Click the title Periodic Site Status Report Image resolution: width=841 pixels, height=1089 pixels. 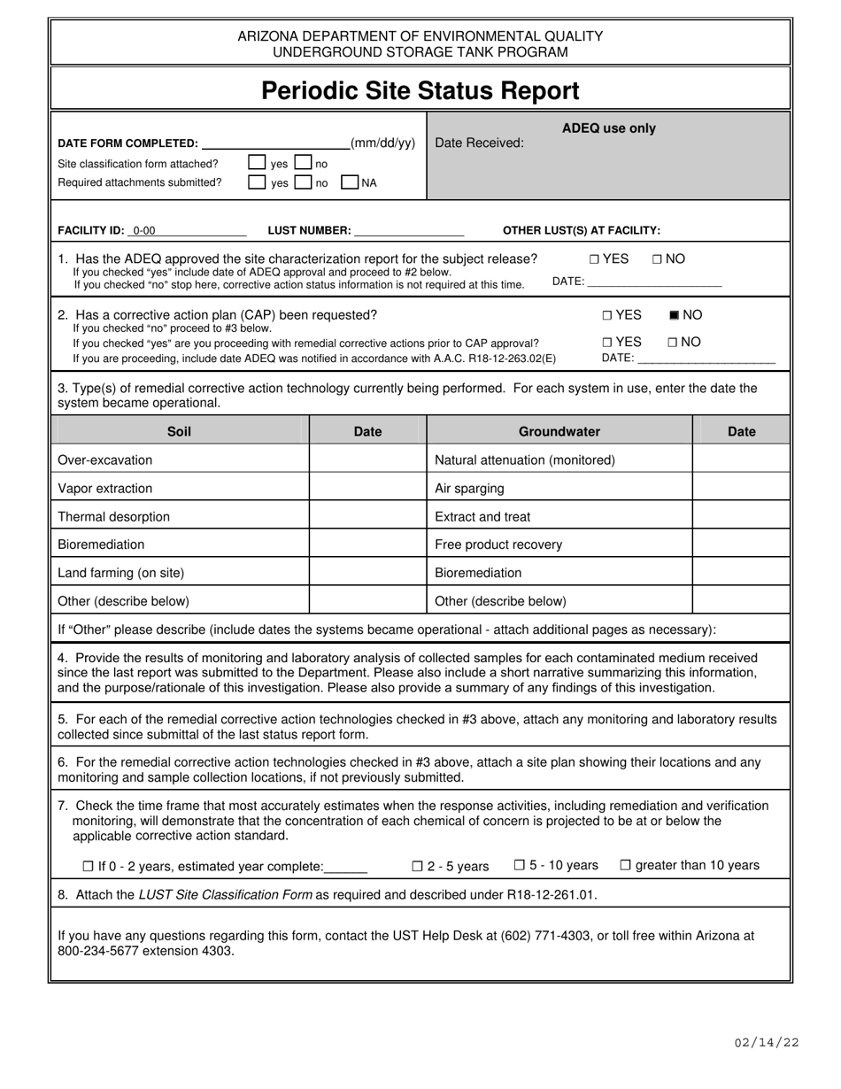420,90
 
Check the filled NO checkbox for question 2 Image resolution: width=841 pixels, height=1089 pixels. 675,315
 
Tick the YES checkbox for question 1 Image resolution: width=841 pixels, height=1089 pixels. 594,259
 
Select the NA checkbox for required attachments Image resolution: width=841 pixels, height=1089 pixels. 350,182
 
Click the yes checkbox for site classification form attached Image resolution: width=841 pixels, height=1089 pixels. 257,163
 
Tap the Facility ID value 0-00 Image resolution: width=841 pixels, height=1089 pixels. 144,231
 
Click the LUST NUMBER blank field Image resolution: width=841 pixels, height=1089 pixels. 408,231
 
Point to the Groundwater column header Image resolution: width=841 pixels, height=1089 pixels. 559,431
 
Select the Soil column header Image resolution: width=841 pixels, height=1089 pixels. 179,431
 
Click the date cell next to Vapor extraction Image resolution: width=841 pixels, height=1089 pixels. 367,489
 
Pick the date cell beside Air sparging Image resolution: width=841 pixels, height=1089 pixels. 740,489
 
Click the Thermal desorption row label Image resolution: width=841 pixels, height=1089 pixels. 113,517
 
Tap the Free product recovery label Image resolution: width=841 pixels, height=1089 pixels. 498,544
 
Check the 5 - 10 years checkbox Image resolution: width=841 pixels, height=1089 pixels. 520,865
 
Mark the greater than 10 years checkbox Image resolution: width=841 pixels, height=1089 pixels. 625,865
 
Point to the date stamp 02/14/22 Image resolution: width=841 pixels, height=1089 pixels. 767,1042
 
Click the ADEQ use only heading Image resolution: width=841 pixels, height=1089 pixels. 609,128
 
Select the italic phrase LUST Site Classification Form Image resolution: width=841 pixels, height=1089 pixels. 225,894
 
